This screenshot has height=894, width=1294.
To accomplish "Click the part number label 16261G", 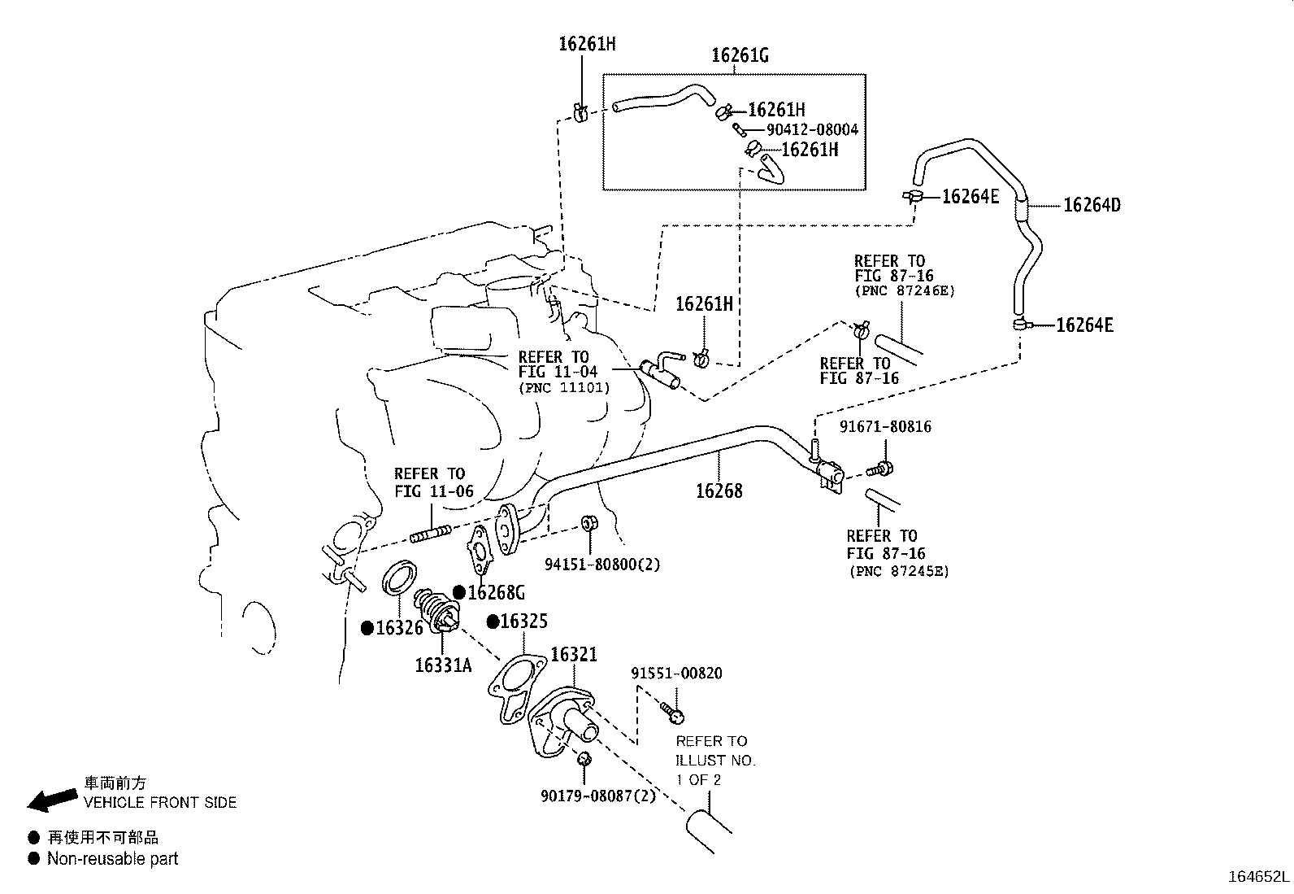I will point(739,55).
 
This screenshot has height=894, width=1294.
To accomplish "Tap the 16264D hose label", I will point(1092,205).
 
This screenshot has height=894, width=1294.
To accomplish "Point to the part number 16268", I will point(719,491).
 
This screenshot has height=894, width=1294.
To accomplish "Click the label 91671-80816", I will point(885,426).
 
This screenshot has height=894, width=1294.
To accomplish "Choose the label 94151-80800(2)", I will point(602,564).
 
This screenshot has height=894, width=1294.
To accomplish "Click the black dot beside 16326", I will point(367,628).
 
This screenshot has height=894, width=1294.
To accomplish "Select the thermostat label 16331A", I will point(443,665).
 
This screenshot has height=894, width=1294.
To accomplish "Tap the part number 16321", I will point(574,654).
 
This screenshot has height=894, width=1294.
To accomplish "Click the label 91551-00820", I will point(676,674).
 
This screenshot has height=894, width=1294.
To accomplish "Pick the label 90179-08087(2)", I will point(597,796).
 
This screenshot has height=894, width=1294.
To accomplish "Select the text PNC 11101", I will point(564,388).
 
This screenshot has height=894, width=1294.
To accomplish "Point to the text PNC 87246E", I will point(904,290).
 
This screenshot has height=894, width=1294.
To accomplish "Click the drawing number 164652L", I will point(1258,877).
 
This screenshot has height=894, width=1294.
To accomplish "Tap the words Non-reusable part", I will point(112,858).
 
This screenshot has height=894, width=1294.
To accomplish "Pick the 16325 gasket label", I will point(523,621).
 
